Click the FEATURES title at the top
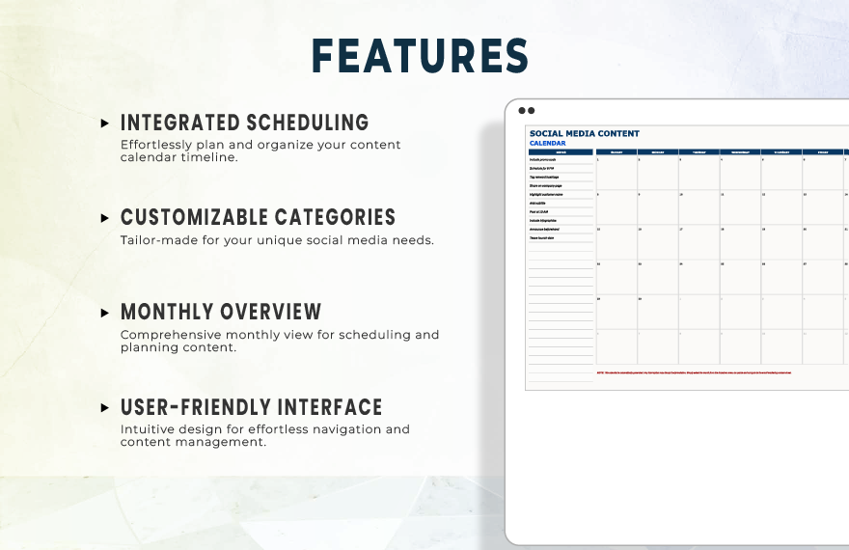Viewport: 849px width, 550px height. (x=420, y=56)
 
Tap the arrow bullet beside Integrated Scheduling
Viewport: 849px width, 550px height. (x=105, y=124)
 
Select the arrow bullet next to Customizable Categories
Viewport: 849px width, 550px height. (x=105, y=218)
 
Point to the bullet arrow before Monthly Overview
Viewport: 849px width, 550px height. (x=105, y=313)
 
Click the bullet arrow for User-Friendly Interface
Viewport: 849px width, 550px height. (x=105, y=407)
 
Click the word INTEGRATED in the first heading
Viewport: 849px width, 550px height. (x=179, y=124)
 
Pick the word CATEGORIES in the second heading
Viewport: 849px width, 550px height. (x=335, y=218)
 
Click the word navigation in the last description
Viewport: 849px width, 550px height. (x=348, y=429)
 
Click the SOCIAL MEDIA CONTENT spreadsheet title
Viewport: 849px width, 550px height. (x=585, y=134)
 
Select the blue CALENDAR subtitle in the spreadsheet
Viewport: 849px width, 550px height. (x=548, y=143)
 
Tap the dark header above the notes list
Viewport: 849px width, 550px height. (x=561, y=151)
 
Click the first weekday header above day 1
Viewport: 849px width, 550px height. (x=616, y=151)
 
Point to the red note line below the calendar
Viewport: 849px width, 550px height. (x=694, y=371)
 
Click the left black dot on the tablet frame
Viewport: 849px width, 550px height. (x=521, y=111)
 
